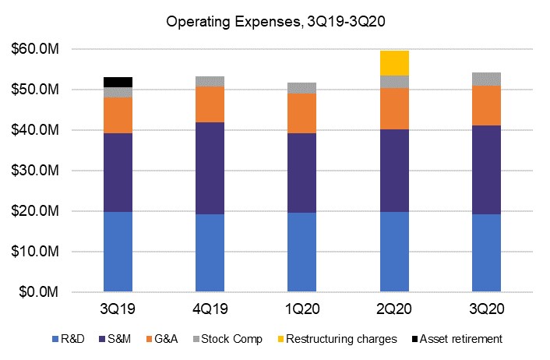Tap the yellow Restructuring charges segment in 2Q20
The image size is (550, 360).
point(394,62)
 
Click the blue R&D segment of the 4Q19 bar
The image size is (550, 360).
point(210,252)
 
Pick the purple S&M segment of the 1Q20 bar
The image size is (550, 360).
point(302,172)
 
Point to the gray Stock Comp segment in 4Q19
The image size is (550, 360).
point(210,81)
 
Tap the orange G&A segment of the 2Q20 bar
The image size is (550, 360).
point(394,108)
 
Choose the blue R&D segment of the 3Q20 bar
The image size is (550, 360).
point(487,252)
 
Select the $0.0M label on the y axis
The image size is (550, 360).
point(39,292)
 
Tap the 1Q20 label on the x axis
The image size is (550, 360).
point(302,309)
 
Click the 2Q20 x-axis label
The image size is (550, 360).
point(394,309)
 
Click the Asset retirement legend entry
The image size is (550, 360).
point(457,339)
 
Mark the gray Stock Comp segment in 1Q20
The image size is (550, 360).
point(302,88)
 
